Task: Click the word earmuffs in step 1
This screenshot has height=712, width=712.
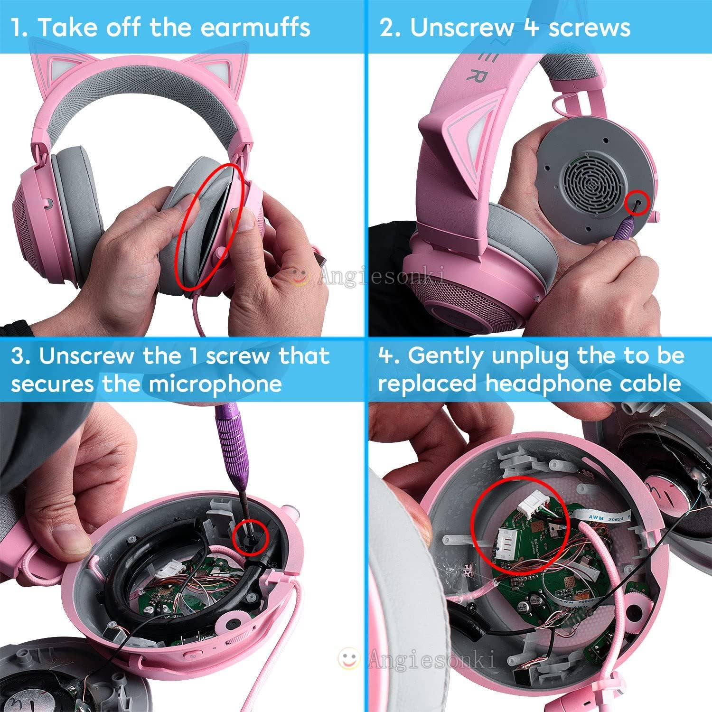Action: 255,27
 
